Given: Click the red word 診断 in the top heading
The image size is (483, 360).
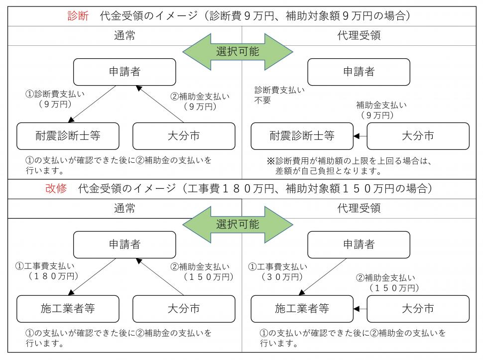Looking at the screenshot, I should pyautogui.click(x=78, y=16).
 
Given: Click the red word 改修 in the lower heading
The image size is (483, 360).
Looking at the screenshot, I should pyautogui.click(x=56, y=189).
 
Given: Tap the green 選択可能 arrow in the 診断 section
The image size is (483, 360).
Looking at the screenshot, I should pyautogui.click(x=238, y=52).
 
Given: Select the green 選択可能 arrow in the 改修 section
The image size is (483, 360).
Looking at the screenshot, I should pyautogui.click(x=238, y=224).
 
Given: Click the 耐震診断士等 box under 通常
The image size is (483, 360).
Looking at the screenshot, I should pyautogui.click(x=68, y=136).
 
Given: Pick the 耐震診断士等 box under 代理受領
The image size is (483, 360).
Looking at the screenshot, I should pyautogui.click(x=302, y=136).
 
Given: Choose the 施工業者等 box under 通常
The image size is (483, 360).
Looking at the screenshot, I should pyautogui.click(x=68, y=309).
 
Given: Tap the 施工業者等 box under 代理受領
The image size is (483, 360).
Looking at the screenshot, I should pyautogui.click(x=302, y=309).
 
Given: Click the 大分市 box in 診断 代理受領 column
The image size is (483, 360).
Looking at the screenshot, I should pyautogui.click(x=418, y=136).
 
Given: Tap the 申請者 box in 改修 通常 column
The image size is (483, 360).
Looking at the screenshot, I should pyautogui.click(x=124, y=244).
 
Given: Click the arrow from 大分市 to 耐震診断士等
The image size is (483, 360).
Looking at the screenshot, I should pyautogui.click(x=360, y=136).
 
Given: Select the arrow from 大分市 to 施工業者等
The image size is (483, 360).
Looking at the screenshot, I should pyautogui.click(x=360, y=309).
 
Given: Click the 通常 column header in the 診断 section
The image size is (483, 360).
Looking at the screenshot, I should pyautogui.click(x=124, y=35).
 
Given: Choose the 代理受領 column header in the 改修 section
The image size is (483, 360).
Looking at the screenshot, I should pyautogui.click(x=358, y=208).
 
